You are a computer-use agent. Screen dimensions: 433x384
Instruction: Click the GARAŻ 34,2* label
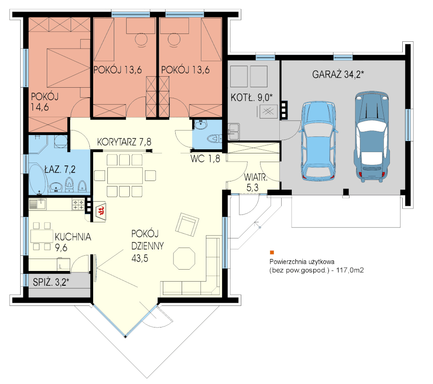pos(338,74)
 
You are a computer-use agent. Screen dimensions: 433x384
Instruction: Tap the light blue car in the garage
pos(318,141)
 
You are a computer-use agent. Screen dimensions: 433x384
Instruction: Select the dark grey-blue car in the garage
pos(372,137)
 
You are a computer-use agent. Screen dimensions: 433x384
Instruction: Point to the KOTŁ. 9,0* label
pos(251,97)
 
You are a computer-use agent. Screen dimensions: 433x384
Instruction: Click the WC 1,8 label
pos(205,158)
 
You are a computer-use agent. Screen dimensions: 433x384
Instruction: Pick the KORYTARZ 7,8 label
pos(124,142)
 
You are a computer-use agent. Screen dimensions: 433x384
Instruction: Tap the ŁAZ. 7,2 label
pos(60,169)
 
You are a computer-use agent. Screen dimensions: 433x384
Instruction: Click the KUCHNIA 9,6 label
pos(72,242)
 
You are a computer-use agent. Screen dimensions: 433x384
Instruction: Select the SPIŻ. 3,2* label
pos(51,282)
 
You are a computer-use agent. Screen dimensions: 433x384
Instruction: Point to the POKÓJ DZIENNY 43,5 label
pos(147,246)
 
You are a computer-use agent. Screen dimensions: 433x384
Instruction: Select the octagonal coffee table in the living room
pos(184,258)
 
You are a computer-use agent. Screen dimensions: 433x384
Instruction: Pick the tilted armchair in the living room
pos(187,225)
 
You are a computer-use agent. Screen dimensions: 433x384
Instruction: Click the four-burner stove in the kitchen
pos(78,205)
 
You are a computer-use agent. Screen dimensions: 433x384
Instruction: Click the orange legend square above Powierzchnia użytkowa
pos(272,253)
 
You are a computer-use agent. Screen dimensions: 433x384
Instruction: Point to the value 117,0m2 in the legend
pos(350,270)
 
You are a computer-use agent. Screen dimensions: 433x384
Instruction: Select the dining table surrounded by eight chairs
pos(125,175)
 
